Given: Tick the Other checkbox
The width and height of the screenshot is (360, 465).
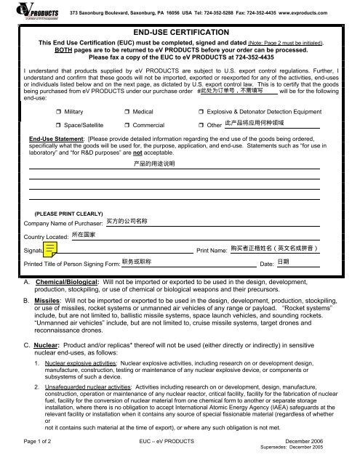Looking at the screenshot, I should (201, 126).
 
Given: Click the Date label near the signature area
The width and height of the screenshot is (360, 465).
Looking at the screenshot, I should (266, 264).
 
